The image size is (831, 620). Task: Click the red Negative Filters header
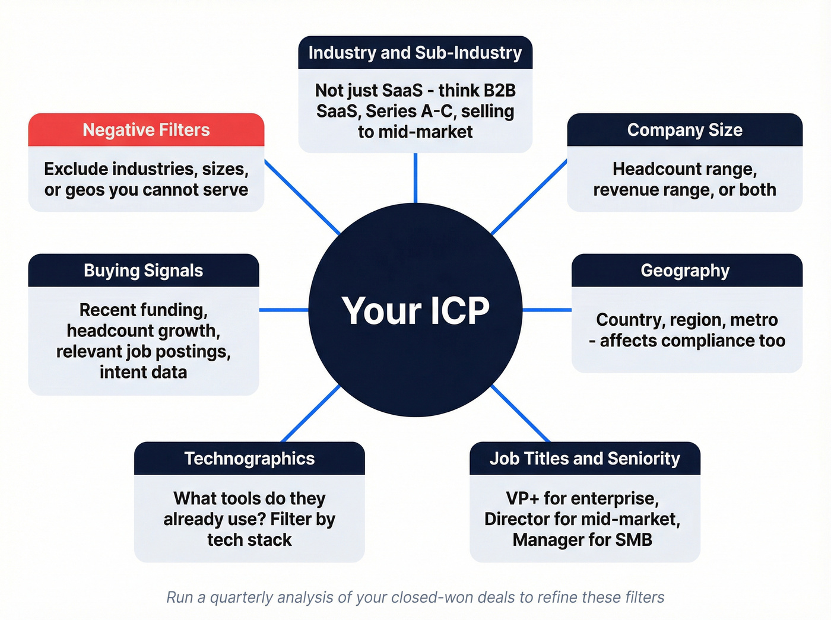click(146, 130)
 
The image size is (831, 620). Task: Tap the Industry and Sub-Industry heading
click(415, 53)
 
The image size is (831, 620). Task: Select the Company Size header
click(684, 130)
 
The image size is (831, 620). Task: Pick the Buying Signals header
click(143, 271)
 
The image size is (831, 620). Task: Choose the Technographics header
click(249, 459)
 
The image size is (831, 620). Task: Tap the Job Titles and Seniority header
click(585, 459)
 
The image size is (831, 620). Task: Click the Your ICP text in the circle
click(415, 310)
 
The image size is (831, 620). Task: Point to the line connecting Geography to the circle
click(547, 310)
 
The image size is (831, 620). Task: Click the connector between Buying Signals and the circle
click(284, 310)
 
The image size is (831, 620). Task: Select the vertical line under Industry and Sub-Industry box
click(415, 178)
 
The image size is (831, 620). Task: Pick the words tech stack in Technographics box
click(249, 540)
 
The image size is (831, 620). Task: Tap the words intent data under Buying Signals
click(143, 372)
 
